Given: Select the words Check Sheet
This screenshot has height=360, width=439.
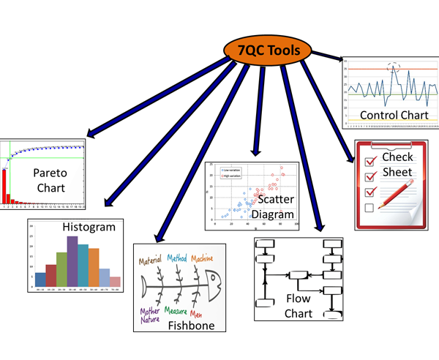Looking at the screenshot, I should point(397,165).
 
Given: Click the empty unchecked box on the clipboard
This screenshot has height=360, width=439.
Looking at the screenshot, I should point(369,209).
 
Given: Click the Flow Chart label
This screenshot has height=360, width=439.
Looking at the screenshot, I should point(299,307).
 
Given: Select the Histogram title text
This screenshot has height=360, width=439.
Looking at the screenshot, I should point(89,227).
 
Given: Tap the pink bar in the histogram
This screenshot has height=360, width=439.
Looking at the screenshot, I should point(115,282).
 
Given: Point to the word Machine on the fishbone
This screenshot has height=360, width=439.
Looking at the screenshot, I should point(207,258).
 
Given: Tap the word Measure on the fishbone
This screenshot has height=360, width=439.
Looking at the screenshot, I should point(179,310).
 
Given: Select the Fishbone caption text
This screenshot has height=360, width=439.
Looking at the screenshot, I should point(191,325).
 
